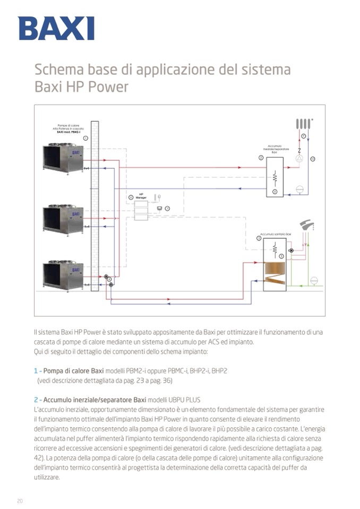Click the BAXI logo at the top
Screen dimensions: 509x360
tap(56, 28)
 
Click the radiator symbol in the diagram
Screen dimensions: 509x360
tap(303, 124)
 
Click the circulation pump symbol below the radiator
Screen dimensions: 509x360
tap(299, 158)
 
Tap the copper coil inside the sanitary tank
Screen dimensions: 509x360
tap(275, 271)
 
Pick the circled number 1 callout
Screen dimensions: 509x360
tap(85, 137)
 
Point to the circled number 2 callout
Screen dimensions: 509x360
tap(261, 158)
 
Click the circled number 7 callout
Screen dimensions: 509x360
tap(167, 209)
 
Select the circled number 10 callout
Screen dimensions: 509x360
tap(313, 158)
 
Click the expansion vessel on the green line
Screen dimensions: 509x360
tap(314, 280)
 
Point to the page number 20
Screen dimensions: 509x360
tap(20, 501)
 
